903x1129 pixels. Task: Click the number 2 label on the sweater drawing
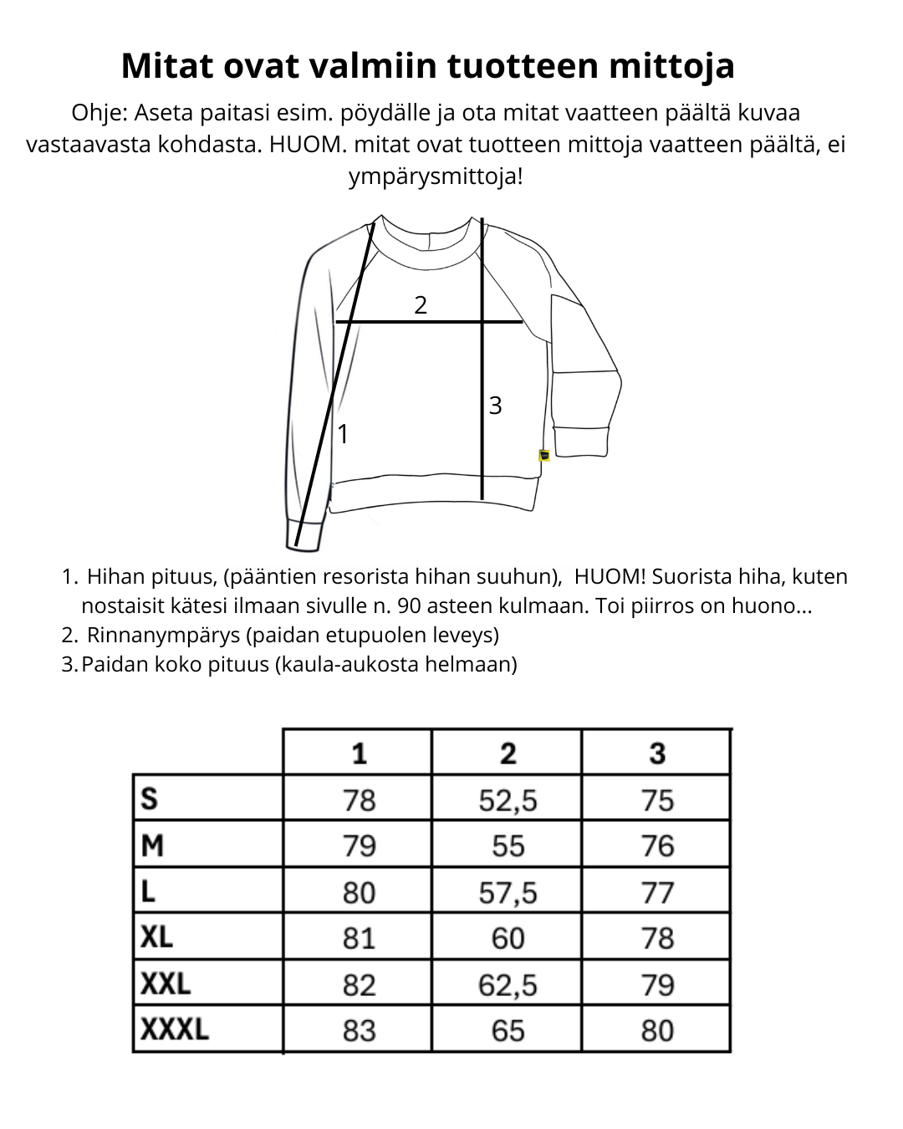pyautogui.click(x=421, y=305)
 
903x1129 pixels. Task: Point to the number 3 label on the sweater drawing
pyautogui.click(x=495, y=406)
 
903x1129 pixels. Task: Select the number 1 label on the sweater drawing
pyautogui.click(x=342, y=434)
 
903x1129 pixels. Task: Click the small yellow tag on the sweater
pyautogui.click(x=544, y=455)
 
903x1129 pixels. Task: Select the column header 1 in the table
pyautogui.click(x=359, y=754)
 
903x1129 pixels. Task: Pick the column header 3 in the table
pyautogui.click(x=657, y=754)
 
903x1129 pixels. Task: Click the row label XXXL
pyautogui.click(x=174, y=1029)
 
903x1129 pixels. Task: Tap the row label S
pyautogui.click(x=150, y=799)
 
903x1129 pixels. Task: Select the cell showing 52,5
pyautogui.click(x=508, y=800)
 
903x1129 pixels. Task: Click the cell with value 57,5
pyautogui.click(x=508, y=893)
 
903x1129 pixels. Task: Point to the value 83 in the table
pyautogui.click(x=359, y=1030)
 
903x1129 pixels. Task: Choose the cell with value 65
pyautogui.click(x=508, y=1030)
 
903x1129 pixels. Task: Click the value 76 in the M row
pyautogui.click(x=657, y=846)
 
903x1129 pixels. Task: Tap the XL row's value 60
pyautogui.click(x=508, y=938)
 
